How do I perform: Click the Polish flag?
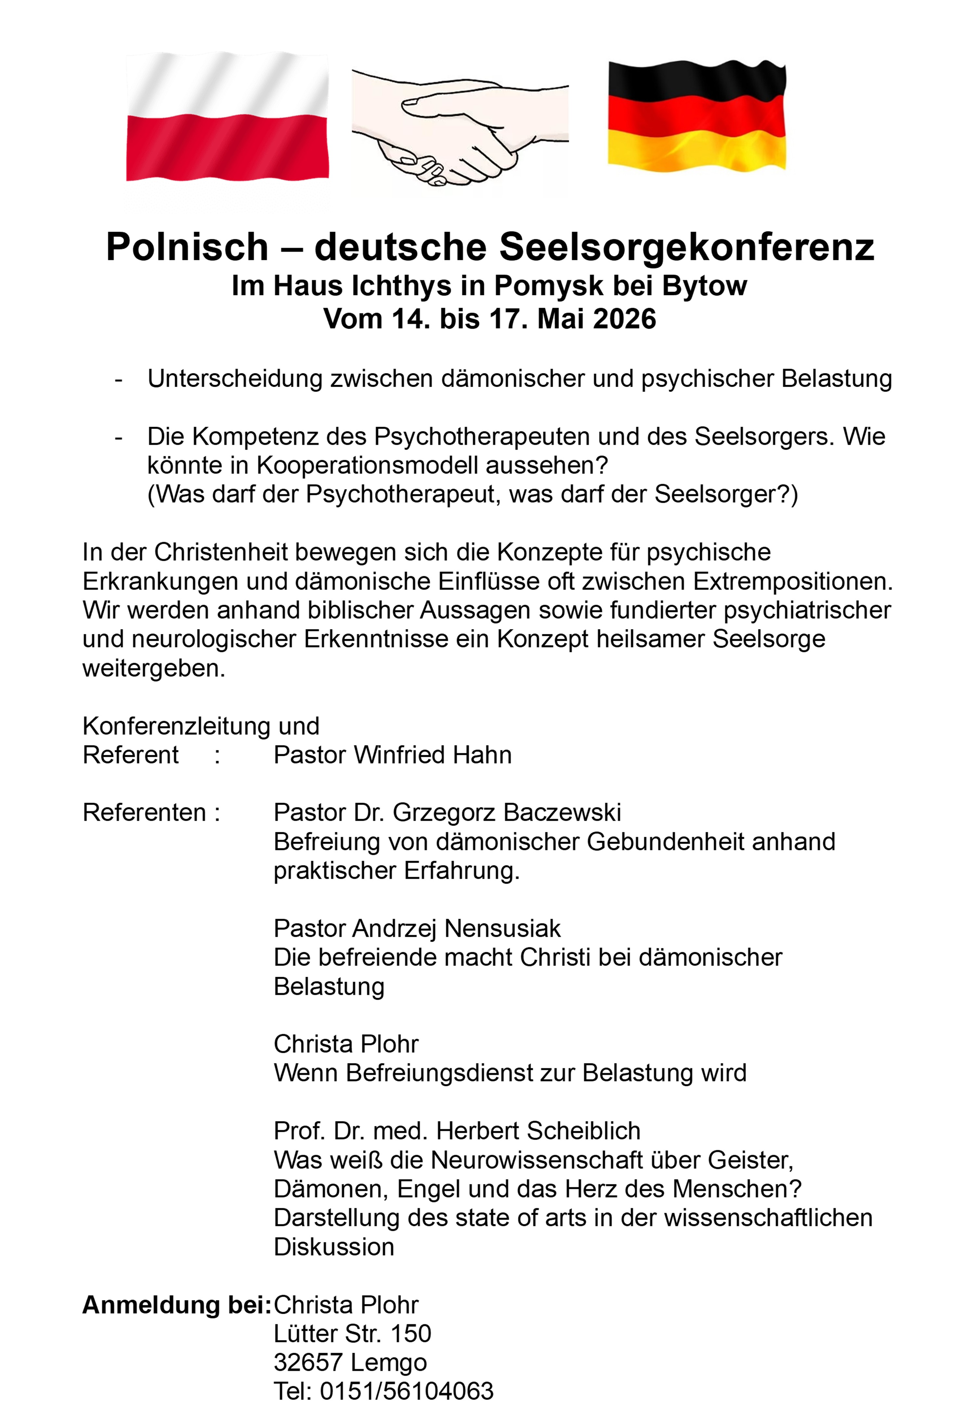[x=227, y=117]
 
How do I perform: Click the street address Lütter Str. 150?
[x=353, y=1334]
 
